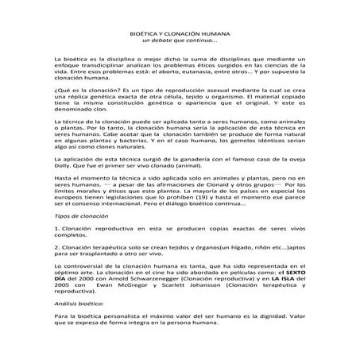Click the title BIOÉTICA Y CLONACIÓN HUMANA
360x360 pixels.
click(x=179, y=33)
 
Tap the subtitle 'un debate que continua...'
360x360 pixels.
click(x=179, y=41)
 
